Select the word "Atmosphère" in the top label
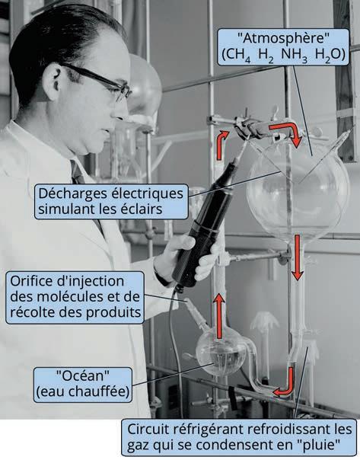tap(283, 38)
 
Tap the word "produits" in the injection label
tap(113, 313)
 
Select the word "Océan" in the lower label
tap(83, 375)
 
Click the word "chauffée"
tap(99, 391)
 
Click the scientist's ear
tap(56, 78)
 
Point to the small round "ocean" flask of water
tap(221, 351)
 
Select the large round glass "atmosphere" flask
tap(298, 193)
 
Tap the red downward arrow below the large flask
tap(298, 257)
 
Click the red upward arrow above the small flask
tap(219, 316)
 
